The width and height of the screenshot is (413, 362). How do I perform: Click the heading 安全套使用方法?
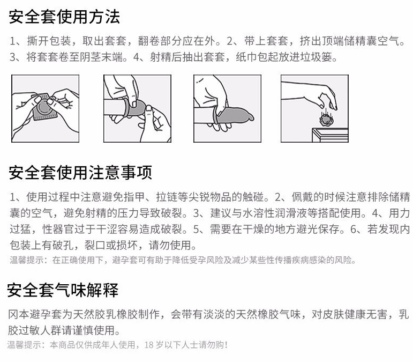point(64,17)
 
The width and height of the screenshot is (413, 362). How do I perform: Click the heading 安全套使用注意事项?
point(80,173)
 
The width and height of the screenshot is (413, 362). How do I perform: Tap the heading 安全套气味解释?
point(63,290)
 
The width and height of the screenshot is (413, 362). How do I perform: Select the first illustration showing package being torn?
point(46,109)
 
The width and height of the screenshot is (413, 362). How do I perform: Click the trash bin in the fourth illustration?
point(331,135)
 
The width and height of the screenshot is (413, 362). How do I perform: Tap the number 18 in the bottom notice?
point(149,345)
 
